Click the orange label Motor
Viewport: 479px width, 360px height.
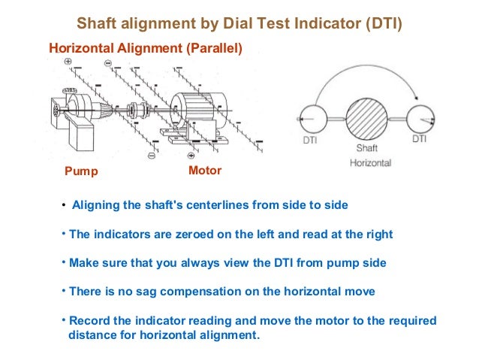point(205,171)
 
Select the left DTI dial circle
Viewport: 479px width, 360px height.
point(312,119)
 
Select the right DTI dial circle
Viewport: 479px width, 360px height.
point(420,118)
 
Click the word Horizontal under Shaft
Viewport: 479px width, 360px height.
point(370,162)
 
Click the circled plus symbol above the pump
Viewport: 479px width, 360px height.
point(68,61)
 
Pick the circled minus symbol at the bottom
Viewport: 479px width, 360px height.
point(151,156)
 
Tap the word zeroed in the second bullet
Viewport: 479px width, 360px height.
point(173,234)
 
